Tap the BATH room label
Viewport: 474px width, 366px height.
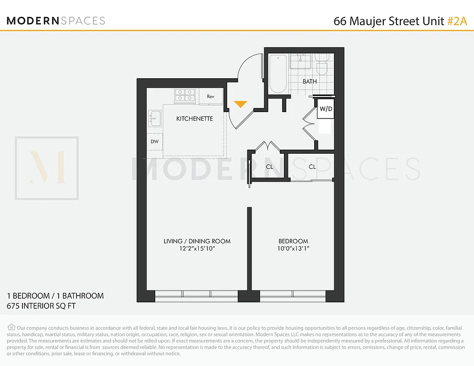(310, 81)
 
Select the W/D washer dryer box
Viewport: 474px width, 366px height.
(326, 109)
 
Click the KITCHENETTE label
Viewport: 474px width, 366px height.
(195, 118)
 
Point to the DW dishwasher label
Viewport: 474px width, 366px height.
(155, 141)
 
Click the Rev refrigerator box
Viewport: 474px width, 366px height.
(211, 97)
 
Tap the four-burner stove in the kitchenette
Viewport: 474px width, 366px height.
(186, 95)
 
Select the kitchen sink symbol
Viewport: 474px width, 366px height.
(155, 118)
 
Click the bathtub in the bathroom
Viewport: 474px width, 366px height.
(278, 73)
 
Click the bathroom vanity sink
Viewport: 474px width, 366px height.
(301, 61)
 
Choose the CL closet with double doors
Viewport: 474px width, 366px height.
(269, 167)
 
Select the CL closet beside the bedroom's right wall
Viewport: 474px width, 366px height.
(312, 167)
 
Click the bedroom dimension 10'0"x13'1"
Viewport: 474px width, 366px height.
(294, 249)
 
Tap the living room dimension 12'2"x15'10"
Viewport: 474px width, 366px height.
(197, 249)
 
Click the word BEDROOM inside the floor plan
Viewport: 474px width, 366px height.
(294, 241)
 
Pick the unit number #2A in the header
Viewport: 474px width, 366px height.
(457, 21)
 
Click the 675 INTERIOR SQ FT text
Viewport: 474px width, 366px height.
(41, 306)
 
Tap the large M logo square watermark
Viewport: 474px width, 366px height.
(47, 168)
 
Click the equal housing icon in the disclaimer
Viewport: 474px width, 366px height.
(11, 327)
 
